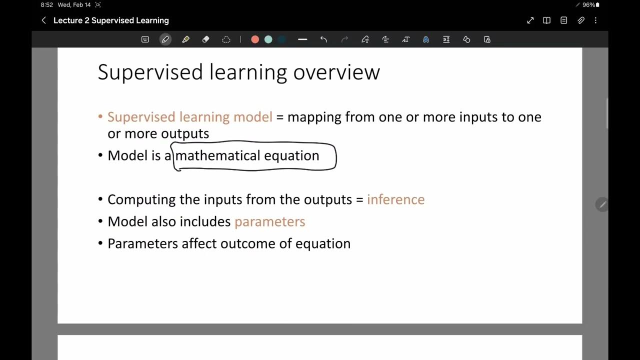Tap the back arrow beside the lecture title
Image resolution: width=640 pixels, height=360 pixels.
coord(43,20)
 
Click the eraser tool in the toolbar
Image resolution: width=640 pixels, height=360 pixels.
coord(205,39)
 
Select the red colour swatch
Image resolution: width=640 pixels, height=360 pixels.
coord(255,39)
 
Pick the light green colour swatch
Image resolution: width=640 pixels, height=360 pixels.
coord(268,39)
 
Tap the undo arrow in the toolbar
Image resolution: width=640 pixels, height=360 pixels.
coord(323,39)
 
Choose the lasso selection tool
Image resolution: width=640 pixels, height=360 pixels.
coord(226,39)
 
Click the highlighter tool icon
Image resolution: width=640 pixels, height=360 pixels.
coord(185,39)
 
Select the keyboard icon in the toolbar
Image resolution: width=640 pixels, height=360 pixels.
coord(145,39)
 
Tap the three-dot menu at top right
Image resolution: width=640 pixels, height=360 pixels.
coord(595,20)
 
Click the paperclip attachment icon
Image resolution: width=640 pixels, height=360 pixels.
coord(581,20)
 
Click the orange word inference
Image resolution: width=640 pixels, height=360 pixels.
coord(395,199)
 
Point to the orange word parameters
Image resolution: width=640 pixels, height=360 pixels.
coord(269,221)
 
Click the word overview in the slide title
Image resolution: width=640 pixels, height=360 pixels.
coord(336,72)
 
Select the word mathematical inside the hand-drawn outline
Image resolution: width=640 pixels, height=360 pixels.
coord(217,155)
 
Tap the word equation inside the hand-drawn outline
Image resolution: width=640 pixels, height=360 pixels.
coord(291,155)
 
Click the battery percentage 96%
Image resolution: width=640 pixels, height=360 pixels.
coord(588,5)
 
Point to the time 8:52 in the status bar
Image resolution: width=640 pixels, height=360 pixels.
coord(47,5)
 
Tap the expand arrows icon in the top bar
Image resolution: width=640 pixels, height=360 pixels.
coord(530,20)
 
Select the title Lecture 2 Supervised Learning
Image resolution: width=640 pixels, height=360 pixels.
coord(111,20)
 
